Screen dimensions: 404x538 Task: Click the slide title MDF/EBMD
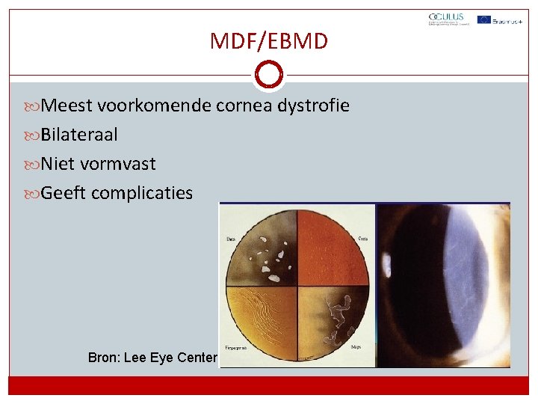click(x=269, y=40)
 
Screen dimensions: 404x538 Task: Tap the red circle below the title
click(x=269, y=75)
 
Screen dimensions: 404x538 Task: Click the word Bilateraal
click(x=78, y=135)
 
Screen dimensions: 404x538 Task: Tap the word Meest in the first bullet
click(x=67, y=106)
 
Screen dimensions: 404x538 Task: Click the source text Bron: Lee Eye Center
click(x=152, y=358)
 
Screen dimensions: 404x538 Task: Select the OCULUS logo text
click(x=446, y=17)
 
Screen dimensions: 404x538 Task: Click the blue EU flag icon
click(x=484, y=19)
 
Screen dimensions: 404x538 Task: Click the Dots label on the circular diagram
click(x=232, y=239)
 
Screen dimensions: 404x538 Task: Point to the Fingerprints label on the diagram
click(x=235, y=347)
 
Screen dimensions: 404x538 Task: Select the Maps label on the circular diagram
click(x=357, y=347)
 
